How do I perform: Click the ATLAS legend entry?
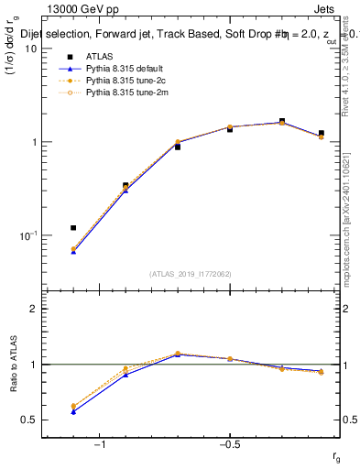97,57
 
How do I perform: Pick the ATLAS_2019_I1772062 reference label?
191,273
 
